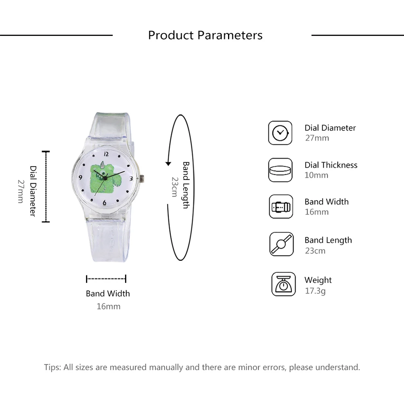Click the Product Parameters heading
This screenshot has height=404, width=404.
[x=205, y=35]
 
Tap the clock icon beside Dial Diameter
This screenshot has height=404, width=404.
[x=280, y=133]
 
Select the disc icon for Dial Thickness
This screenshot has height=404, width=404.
[x=280, y=170]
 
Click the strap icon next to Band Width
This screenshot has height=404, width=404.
[x=280, y=207]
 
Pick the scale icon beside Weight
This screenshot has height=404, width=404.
[x=283, y=285]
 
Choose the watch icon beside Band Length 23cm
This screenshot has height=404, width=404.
[x=280, y=244]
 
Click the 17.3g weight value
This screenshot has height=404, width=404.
[x=315, y=291]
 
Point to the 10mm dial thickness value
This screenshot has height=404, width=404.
[x=316, y=175]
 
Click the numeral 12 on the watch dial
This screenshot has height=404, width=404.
[x=106, y=154]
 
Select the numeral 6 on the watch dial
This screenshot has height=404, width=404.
[x=105, y=203]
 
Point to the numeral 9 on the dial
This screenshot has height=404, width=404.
[x=81, y=177]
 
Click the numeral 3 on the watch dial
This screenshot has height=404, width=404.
[x=131, y=178]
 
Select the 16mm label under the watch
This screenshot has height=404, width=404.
[x=108, y=307]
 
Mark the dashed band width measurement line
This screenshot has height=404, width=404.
[x=106, y=278]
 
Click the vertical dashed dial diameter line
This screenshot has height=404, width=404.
[x=46, y=186]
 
